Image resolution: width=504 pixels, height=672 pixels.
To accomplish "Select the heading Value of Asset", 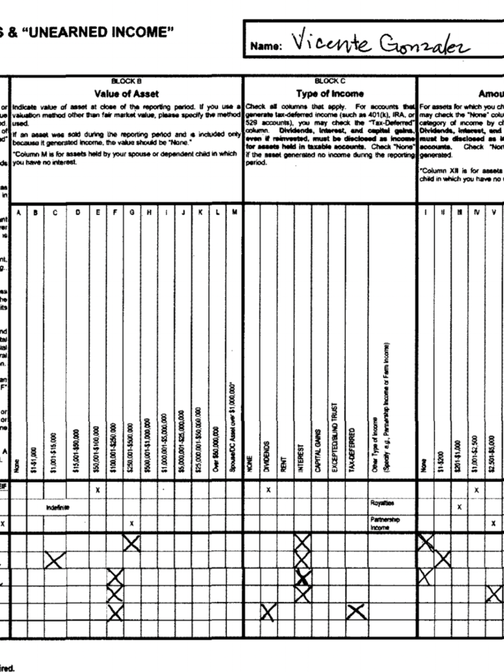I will click(126, 93).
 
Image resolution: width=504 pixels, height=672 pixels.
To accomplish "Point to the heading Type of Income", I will click(330, 93).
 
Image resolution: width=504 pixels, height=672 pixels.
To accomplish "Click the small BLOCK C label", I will click(330, 82).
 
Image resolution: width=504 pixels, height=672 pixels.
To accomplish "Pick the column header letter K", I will click(200, 212).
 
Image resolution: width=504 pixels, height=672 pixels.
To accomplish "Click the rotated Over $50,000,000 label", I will click(217, 447).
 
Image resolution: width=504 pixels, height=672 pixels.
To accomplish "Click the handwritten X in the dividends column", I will click(269, 610).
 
